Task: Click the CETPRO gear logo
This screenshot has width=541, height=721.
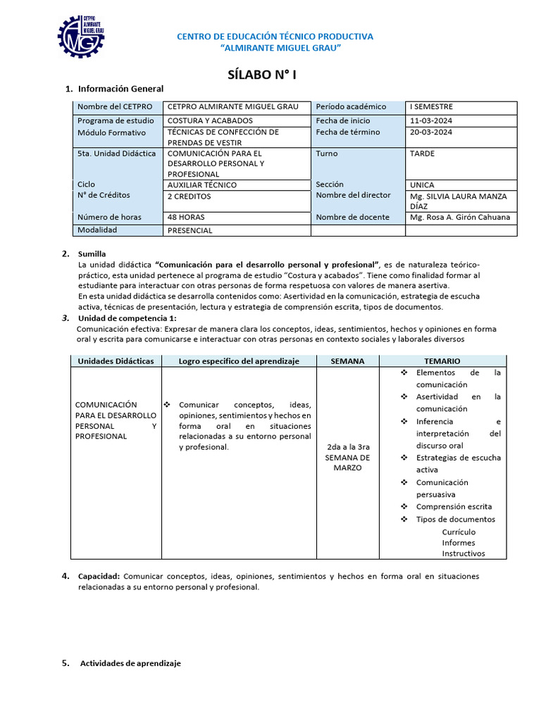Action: tap(82, 36)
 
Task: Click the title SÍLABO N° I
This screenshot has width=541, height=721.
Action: tap(267, 75)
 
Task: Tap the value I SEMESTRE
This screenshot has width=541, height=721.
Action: tap(432, 107)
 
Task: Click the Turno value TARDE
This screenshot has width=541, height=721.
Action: tap(423, 153)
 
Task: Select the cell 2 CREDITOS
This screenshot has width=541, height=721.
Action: tap(189, 196)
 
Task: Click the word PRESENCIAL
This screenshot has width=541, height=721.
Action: tap(190, 230)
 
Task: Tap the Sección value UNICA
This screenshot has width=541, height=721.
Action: tap(423, 185)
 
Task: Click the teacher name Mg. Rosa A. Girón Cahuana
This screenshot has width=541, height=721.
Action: tap(460, 218)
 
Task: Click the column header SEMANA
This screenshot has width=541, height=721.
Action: tap(348, 361)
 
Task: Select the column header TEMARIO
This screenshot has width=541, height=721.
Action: tap(442, 361)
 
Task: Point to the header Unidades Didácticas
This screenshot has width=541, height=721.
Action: tap(116, 361)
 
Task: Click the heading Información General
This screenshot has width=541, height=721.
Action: tap(120, 89)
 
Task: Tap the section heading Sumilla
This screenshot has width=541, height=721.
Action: tap(92, 253)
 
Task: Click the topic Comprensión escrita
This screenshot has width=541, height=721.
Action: tap(454, 506)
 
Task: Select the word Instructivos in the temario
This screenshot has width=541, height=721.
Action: tap(464, 553)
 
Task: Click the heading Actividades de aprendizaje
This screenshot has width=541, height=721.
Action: tap(130, 663)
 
